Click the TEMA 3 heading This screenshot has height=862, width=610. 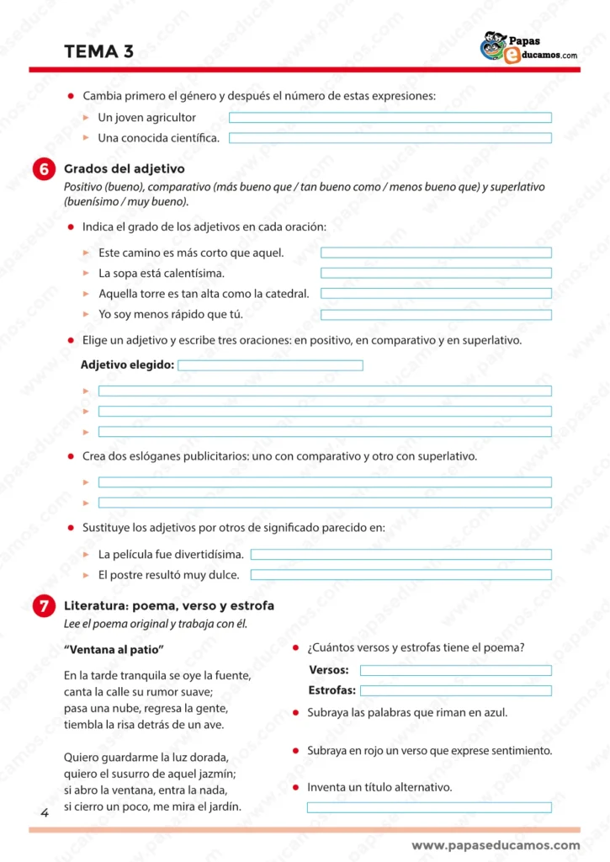point(98,51)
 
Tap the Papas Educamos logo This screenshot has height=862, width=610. point(528,47)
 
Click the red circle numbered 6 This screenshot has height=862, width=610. point(43,169)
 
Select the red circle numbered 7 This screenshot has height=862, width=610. point(43,606)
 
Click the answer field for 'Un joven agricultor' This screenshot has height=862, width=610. point(390,118)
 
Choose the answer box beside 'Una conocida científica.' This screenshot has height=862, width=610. point(390,138)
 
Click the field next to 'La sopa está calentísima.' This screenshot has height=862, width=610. point(436,273)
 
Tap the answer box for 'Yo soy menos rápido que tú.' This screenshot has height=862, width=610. point(436,315)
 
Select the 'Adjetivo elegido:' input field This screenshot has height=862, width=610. point(270,365)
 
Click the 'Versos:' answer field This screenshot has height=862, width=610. point(455,671)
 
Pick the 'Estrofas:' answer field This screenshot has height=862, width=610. point(455,691)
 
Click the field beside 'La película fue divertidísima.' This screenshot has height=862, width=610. point(400,555)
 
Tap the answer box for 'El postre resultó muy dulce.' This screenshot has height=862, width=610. point(400,575)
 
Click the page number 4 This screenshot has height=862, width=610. point(44,812)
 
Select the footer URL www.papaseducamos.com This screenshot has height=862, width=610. point(496,845)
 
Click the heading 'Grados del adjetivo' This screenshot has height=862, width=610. point(125,169)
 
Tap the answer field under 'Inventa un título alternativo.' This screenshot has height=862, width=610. point(429,807)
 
